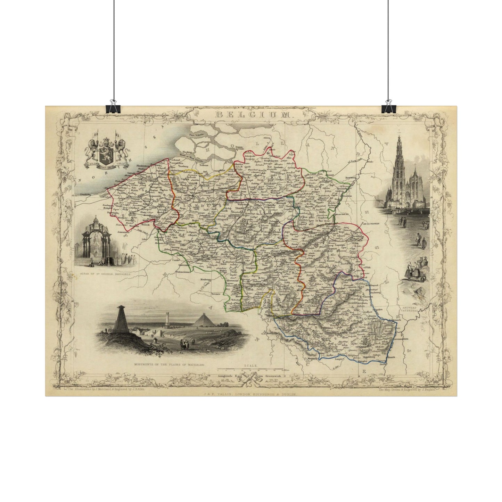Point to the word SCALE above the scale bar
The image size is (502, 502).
pyautogui.click(x=250, y=366)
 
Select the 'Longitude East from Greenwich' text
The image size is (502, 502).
pyautogui.click(x=250, y=376)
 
